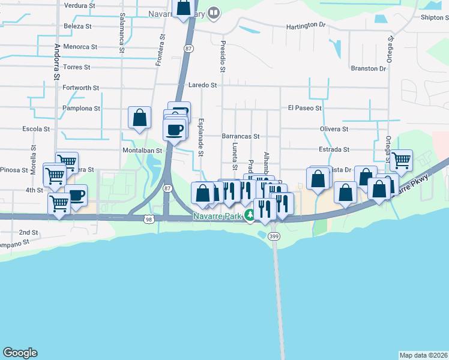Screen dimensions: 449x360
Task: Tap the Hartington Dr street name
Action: tap(305, 26)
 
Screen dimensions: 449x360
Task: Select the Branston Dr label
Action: tap(369, 68)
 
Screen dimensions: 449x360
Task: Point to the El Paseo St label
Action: tap(305, 108)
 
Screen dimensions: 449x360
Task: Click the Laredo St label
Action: tap(202, 85)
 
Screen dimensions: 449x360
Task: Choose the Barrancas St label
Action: tap(240, 136)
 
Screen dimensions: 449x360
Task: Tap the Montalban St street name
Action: tap(142, 150)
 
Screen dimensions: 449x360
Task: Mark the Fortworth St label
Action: tap(81, 88)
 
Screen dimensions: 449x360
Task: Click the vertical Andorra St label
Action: tap(57, 62)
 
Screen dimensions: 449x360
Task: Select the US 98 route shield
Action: tap(149, 220)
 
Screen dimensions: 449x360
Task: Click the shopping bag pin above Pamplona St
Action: tap(139, 116)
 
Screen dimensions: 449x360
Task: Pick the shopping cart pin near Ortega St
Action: tap(401, 160)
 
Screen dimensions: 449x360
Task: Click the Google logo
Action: tap(20, 353)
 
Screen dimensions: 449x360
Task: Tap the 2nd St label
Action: tap(28, 232)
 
